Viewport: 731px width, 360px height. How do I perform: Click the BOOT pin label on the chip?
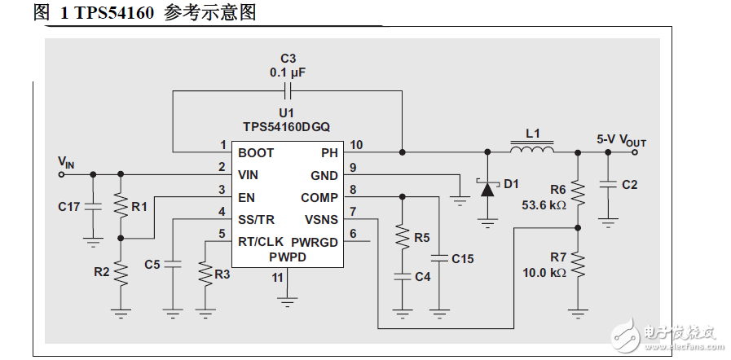click(256, 152)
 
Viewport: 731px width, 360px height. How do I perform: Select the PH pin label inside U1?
click(329, 152)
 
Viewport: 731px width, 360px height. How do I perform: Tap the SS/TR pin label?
click(256, 220)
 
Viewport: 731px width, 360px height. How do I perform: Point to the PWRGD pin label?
click(315, 242)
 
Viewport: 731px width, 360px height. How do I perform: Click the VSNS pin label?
click(321, 220)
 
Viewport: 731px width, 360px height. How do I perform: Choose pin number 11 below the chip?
click(278, 278)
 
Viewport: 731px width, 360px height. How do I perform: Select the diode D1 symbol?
click(487, 188)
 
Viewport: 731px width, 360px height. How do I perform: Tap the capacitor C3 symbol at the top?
click(287, 90)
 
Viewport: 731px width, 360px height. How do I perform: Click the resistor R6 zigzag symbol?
click(578, 191)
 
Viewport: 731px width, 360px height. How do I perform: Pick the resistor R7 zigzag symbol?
click(578, 265)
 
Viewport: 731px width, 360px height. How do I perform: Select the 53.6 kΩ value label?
click(544, 205)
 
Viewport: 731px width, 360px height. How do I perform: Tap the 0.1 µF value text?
click(288, 72)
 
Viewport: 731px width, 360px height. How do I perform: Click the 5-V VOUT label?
click(621, 140)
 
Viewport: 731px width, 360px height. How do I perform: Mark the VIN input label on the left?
click(66, 162)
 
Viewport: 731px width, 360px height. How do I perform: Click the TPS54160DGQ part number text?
click(286, 127)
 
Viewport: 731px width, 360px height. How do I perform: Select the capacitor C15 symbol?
click(439, 258)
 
